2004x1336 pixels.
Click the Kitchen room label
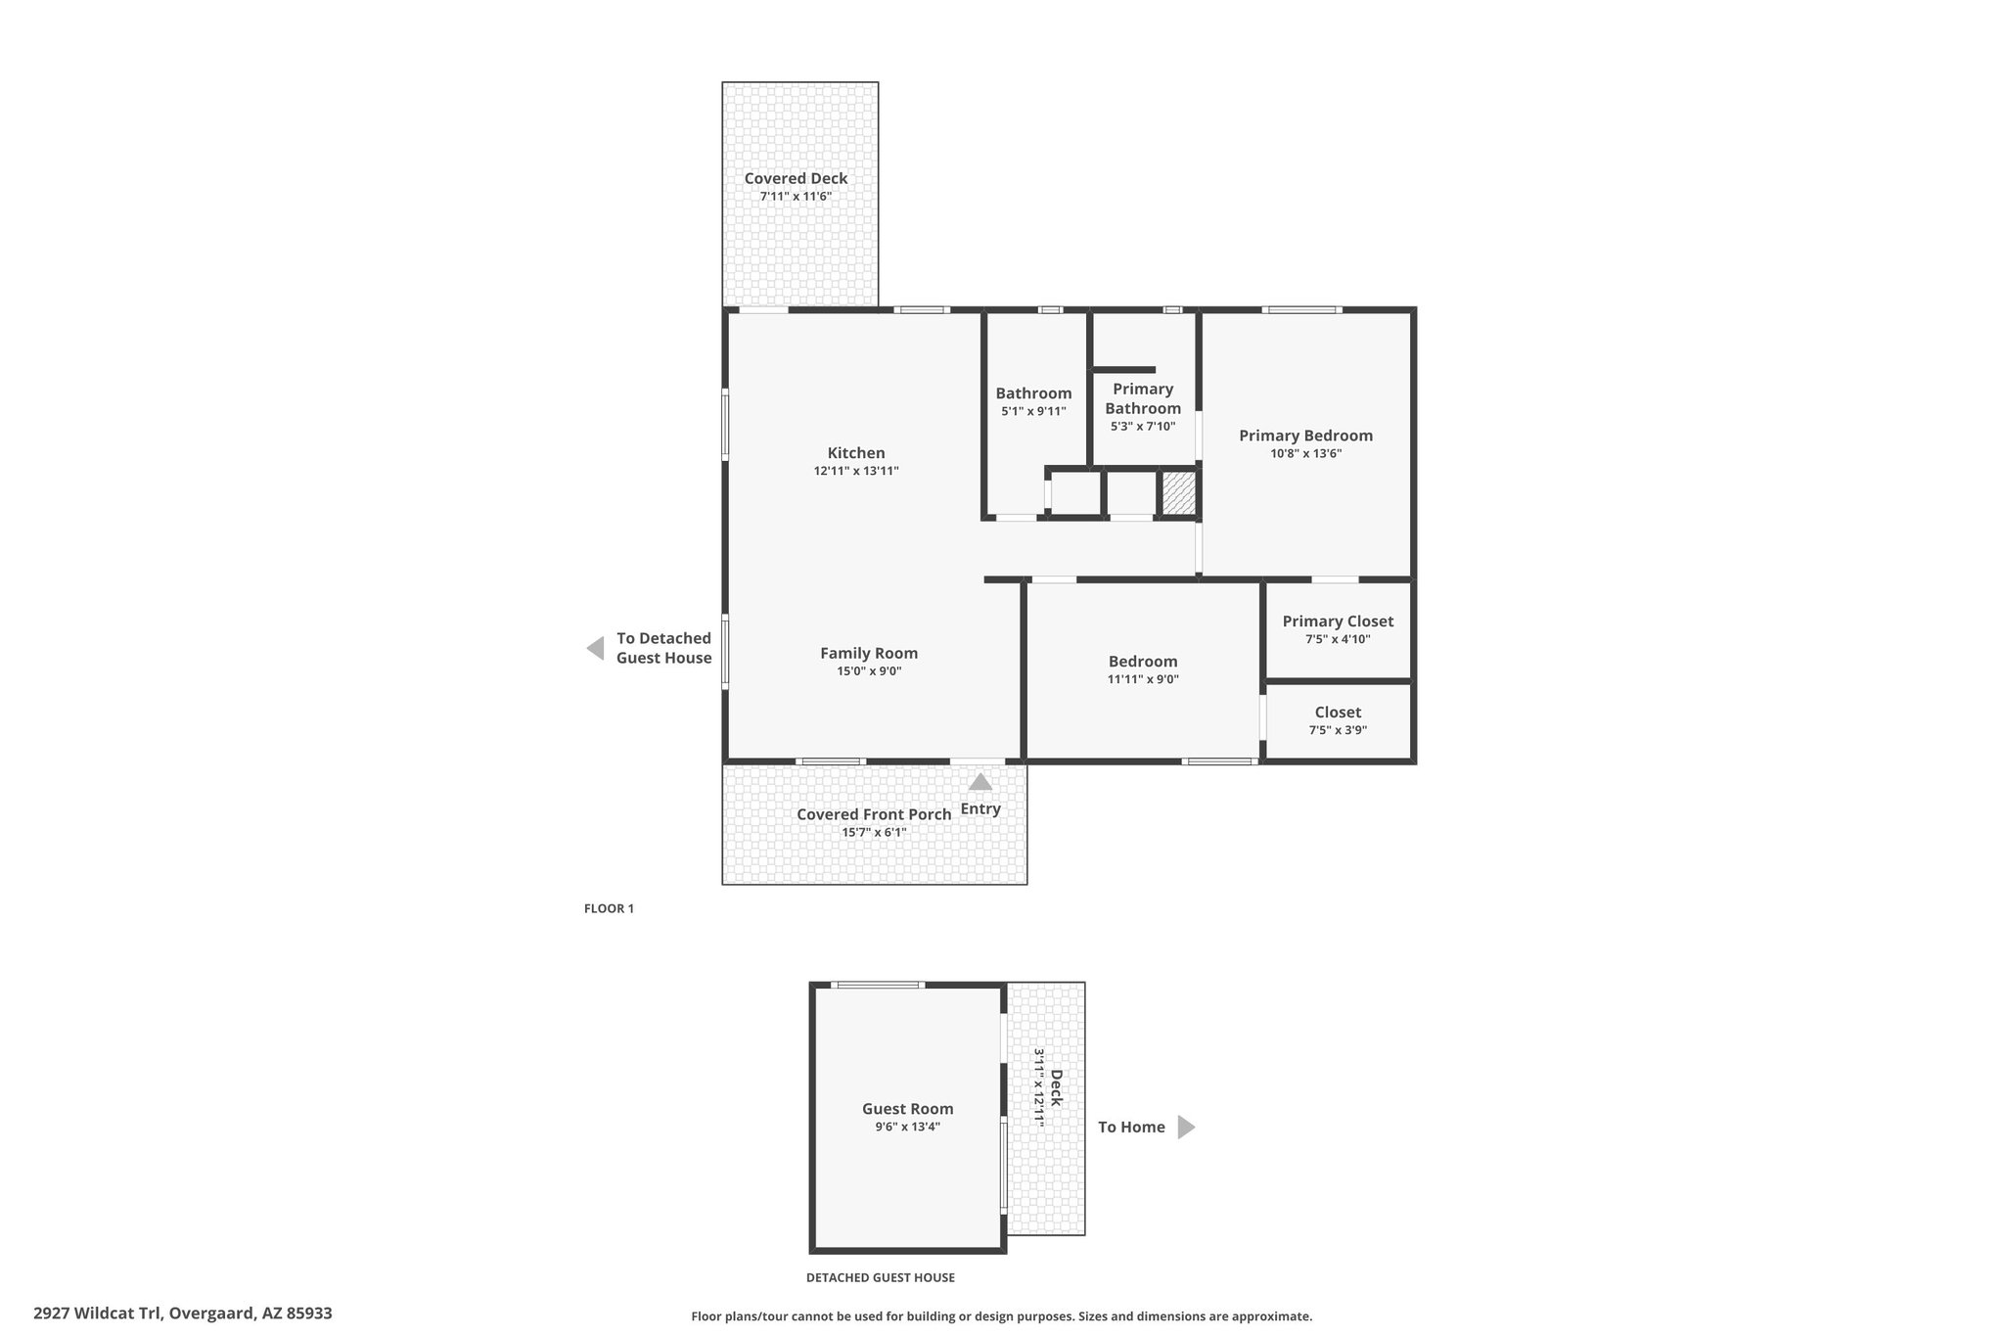coord(856,453)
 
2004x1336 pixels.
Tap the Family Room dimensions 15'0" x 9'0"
coord(869,671)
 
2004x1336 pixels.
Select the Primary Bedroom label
coord(1305,437)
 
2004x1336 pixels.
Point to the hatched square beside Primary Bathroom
coord(1179,493)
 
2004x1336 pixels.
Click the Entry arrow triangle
coord(980,782)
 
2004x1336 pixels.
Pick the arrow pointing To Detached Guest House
coord(595,648)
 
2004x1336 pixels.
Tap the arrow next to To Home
coord(1186,1128)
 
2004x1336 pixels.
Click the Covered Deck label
coord(796,178)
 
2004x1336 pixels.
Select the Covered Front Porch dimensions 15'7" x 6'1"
coord(874,833)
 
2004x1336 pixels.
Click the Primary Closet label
coord(1338,622)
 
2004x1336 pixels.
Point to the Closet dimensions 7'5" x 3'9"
coord(1338,730)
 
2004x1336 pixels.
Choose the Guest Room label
coord(907,1109)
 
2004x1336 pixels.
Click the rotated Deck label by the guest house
coord(1056,1088)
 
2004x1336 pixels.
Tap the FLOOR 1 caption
coord(609,908)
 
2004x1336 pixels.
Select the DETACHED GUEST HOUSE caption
coord(880,1277)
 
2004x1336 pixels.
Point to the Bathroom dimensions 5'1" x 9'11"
coord(1033,412)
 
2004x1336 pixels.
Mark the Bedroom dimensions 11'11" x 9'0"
coord(1143,679)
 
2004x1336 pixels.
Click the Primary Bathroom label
coord(1143,398)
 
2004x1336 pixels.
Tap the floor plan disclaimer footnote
coord(1001,1316)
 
